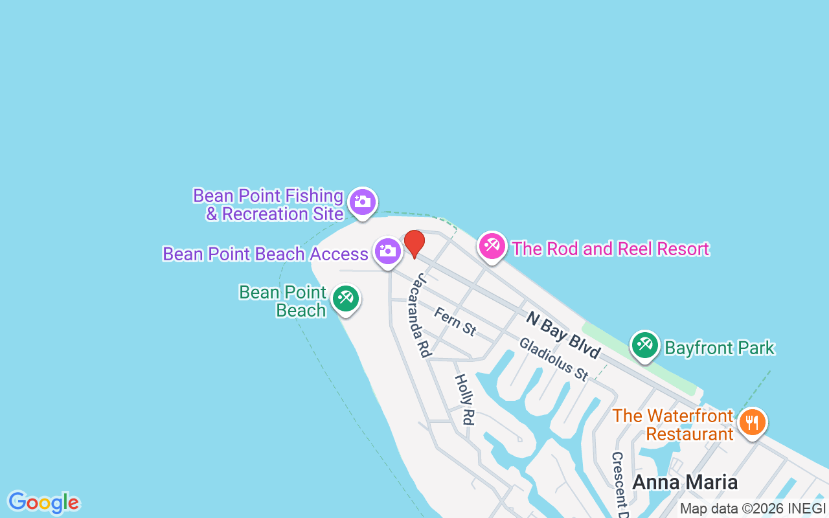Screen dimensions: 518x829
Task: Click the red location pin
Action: click(x=414, y=243)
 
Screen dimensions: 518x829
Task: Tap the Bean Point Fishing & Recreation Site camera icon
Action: click(x=363, y=202)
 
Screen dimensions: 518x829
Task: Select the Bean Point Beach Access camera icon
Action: click(x=387, y=251)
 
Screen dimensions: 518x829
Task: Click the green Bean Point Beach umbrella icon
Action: click(x=345, y=298)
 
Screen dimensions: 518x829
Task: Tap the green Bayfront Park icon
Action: click(x=644, y=345)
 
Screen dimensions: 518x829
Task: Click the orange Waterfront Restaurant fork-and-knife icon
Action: click(x=752, y=422)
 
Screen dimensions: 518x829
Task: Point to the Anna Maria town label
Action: click(x=685, y=482)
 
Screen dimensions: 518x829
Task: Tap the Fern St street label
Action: click(x=455, y=322)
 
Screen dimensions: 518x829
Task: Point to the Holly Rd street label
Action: click(x=464, y=400)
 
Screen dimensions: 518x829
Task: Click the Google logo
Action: click(x=43, y=502)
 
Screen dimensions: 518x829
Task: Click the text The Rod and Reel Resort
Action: click(x=611, y=249)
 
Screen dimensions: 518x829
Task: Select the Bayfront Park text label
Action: click(x=720, y=348)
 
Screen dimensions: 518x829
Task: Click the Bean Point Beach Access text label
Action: click(x=266, y=254)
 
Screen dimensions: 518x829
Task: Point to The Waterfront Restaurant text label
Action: click(x=673, y=425)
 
